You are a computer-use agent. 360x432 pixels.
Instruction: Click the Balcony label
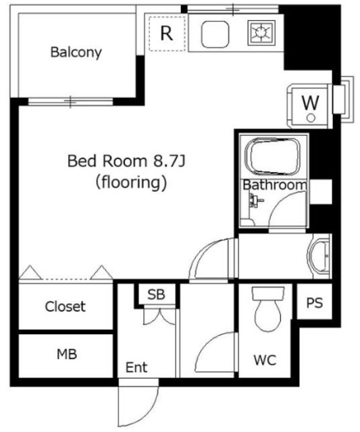coord(76,53)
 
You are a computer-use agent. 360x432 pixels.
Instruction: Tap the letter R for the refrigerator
coord(167,33)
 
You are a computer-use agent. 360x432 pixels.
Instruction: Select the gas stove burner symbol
coord(261,33)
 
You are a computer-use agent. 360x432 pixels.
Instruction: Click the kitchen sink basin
coord(215,34)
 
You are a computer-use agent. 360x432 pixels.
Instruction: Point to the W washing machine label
coord(311,103)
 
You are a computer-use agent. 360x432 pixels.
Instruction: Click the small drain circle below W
coord(311,118)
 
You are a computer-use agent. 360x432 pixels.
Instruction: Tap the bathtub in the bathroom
coord(272,157)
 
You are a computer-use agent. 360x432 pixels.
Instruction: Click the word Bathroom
coord(274,185)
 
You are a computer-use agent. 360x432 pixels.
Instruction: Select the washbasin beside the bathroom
coord(319,256)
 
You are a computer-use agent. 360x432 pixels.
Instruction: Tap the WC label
coord(265,360)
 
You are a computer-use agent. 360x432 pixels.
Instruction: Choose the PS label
coord(314,302)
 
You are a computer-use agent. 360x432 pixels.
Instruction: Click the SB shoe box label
coord(156,294)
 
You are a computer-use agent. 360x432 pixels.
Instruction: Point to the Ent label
coord(136,367)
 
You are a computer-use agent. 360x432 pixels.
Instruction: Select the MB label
coord(67,354)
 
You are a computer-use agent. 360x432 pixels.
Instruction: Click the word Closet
coord(66,306)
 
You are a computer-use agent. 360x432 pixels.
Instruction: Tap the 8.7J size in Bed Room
coord(169,161)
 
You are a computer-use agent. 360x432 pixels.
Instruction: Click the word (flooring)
coord(131,183)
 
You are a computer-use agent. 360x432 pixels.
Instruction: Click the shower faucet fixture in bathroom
coord(255,200)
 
